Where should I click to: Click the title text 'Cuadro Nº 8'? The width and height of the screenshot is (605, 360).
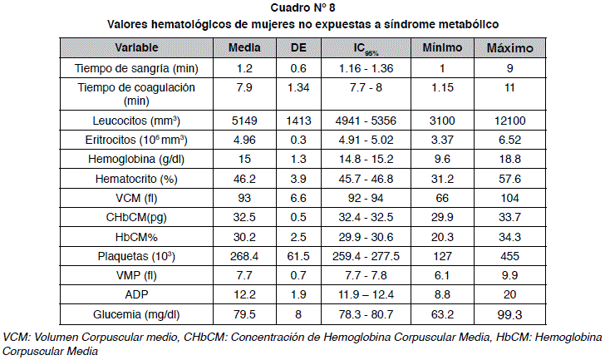pyautogui.click(x=302, y=9)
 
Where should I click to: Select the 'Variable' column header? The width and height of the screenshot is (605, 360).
pyautogui.click(x=137, y=47)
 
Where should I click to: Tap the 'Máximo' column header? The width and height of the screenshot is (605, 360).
pyautogui.click(x=510, y=47)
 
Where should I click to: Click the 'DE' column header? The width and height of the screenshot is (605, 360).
pyautogui.click(x=298, y=47)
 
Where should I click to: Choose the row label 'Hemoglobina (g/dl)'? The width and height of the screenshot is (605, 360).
pyautogui.click(x=136, y=159)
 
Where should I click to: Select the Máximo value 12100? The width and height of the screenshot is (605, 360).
pyautogui.click(x=510, y=121)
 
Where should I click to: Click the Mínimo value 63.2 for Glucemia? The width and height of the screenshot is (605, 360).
pyautogui.click(x=442, y=314)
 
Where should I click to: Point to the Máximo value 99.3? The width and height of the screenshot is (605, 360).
pyautogui.click(x=510, y=314)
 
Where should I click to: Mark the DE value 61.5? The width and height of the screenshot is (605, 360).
pyautogui.click(x=298, y=256)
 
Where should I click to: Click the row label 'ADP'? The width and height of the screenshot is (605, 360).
pyautogui.click(x=136, y=295)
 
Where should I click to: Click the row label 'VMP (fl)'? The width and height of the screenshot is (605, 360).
pyautogui.click(x=136, y=275)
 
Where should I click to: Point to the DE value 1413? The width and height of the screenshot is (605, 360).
pyautogui.click(x=298, y=121)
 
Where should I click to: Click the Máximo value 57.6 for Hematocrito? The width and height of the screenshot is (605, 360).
pyautogui.click(x=510, y=179)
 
